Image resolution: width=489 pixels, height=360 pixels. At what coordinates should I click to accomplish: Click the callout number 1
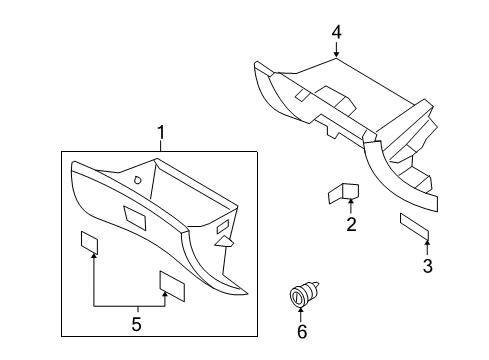[159, 134]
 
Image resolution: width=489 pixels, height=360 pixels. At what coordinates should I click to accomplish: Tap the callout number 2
[351, 225]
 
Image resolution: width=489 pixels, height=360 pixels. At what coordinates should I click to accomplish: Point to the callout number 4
[336, 32]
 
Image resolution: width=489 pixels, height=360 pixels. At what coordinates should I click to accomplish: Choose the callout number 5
[137, 322]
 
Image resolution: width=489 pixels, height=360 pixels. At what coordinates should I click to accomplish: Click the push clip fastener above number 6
[300, 296]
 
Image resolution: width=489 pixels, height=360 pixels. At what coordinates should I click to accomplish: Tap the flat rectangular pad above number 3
[414, 227]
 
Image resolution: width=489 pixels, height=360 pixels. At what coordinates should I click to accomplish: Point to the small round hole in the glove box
[136, 181]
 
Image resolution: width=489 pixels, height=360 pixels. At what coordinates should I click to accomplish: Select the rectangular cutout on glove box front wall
[130, 213]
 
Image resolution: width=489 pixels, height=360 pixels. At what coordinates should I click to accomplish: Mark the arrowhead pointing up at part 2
[350, 205]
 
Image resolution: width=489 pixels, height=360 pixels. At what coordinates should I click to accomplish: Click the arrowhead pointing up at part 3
[427, 243]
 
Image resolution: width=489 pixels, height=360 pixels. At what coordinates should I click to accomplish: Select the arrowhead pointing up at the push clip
[301, 313]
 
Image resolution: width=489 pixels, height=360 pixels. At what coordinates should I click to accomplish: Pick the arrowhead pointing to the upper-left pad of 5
[93, 256]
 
